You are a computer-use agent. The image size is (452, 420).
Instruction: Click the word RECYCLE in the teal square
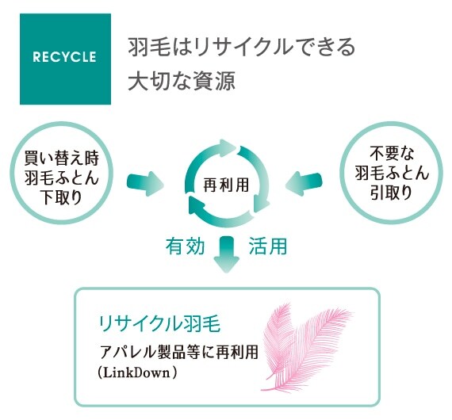point(64,57)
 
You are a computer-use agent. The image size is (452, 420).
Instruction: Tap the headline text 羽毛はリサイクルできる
point(242,48)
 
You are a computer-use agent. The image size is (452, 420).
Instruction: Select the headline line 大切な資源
point(182,81)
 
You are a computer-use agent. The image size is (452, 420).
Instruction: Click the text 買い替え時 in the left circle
point(61,158)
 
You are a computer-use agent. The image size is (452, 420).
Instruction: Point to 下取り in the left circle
point(61,197)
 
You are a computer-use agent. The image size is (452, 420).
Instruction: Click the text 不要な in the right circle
point(392,153)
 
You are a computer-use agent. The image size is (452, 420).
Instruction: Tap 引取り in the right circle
point(392,193)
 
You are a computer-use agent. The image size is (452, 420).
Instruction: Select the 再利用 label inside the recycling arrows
point(226,185)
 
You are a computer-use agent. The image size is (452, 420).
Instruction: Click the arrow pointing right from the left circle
point(145,184)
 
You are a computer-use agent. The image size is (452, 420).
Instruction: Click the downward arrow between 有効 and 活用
point(227,254)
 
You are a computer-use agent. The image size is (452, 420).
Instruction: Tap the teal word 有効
point(185,246)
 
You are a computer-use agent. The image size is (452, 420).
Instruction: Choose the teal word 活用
point(268,246)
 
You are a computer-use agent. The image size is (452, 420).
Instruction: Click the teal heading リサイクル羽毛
point(159,324)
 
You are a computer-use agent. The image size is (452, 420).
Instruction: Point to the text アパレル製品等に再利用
point(178,352)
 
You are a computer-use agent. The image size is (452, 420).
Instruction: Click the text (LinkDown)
point(137,372)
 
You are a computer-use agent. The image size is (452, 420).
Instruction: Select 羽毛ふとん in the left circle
point(61,178)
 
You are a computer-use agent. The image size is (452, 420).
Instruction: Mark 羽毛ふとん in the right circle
point(392,173)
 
